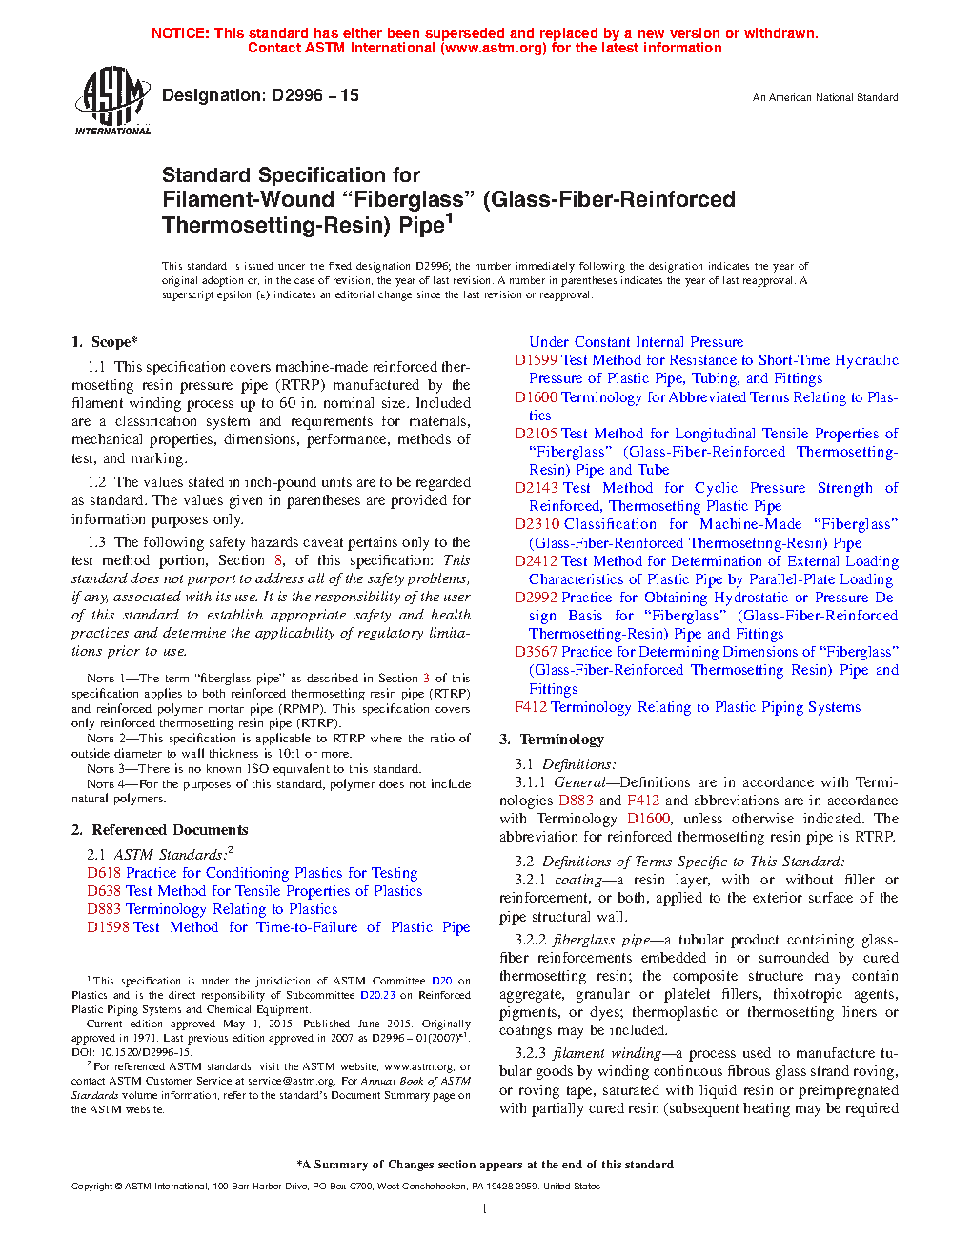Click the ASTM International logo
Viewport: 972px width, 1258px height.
(x=111, y=100)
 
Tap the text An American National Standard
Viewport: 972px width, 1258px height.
(x=824, y=97)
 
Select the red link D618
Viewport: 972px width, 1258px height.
(x=104, y=873)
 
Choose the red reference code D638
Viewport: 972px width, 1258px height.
(x=104, y=891)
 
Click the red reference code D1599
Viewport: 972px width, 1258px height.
(x=536, y=360)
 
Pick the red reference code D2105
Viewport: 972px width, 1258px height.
(x=536, y=434)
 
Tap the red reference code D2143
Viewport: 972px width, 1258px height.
(x=536, y=488)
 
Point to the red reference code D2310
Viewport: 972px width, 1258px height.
(x=537, y=524)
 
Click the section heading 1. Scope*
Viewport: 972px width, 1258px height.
(x=104, y=342)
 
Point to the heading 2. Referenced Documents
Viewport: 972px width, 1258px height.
(x=159, y=830)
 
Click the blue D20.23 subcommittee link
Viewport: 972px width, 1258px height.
(x=377, y=995)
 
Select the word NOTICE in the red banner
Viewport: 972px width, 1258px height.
(x=180, y=33)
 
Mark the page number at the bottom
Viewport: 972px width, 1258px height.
(x=485, y=1209)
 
